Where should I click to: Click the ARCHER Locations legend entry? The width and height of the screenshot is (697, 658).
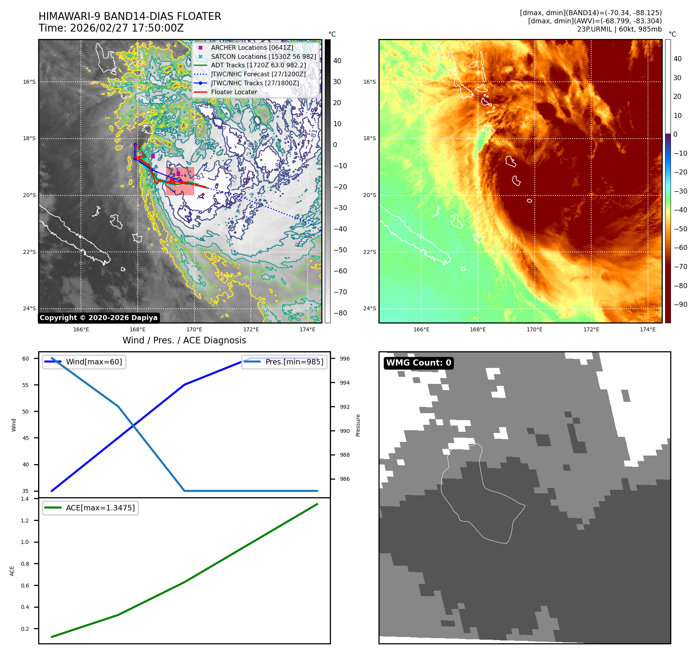[x=252, y=48]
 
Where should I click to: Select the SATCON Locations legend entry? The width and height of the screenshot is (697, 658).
[x=263, y=56]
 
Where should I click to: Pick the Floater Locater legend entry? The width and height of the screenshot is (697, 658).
[x=234, y=92]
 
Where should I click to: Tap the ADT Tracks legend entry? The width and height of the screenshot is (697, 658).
[x=258, y=65]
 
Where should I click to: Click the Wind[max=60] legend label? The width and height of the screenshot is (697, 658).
[x=94, y=362]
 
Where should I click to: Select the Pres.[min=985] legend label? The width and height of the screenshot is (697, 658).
[x=294, y=362]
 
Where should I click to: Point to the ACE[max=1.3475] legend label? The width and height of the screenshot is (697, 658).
[x=100, y=508]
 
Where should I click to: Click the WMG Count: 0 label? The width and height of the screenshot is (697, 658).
[x=419, y=363]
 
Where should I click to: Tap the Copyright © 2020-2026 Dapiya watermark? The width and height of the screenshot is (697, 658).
[x=98, y=318]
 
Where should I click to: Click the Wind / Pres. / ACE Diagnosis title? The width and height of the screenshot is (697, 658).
[x=184, y=340]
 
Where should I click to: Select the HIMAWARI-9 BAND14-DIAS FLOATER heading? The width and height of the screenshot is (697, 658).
[x=130, y=16]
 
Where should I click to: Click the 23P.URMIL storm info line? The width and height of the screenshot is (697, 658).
[x=619, y=29]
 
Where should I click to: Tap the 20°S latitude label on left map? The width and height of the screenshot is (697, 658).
[x=29, y=195]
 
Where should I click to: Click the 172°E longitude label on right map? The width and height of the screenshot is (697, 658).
[x=591, y=329]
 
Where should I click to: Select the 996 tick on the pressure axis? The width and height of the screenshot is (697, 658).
[x=345, y=359]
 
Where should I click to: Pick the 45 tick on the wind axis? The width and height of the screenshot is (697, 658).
[x=26, y=438]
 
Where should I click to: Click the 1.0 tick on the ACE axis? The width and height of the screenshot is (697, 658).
[x=25, y=542]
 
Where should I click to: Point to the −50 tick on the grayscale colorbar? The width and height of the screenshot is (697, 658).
[x=340, y=250]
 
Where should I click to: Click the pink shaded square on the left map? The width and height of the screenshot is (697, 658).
[x=180, y=181]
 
